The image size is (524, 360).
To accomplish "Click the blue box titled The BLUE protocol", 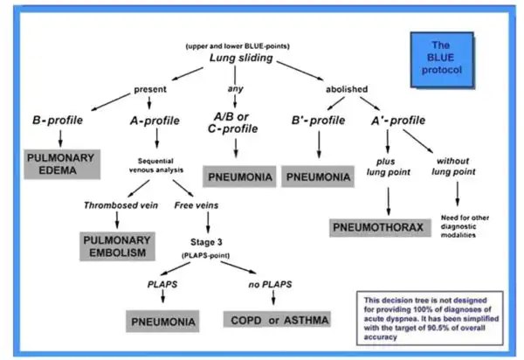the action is click(442, 59).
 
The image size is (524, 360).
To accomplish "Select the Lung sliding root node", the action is click(241, 58).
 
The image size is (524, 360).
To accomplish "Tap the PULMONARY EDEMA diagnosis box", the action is click(62, 164).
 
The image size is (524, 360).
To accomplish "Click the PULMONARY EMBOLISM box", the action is click(117, 246).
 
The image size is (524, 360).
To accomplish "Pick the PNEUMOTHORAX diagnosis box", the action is click(380, 228).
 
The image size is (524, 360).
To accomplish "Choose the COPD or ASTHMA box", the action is click(277, 319).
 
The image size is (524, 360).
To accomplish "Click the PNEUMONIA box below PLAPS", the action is click(162, 322).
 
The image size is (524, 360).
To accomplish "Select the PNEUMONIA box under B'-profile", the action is click(318, 177).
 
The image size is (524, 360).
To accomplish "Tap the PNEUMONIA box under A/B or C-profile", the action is click(239, 177).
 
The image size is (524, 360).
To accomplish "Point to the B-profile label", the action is click(58, 120).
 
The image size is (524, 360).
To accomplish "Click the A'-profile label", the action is click(398, 121).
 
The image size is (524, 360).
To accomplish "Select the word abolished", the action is click(347, 89).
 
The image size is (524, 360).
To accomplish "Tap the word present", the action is click(150, 90).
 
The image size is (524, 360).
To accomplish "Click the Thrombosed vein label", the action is click(121, 205).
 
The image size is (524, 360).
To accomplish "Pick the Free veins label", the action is click(196, 205).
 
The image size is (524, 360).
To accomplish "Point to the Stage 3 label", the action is click(206, 242).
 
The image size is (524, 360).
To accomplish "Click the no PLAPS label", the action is click(270, 285).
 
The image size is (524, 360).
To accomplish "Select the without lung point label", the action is click(453, 166).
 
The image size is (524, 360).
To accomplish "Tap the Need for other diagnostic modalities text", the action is click(465, 226).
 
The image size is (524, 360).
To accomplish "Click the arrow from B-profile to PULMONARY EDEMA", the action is click(60, 138).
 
